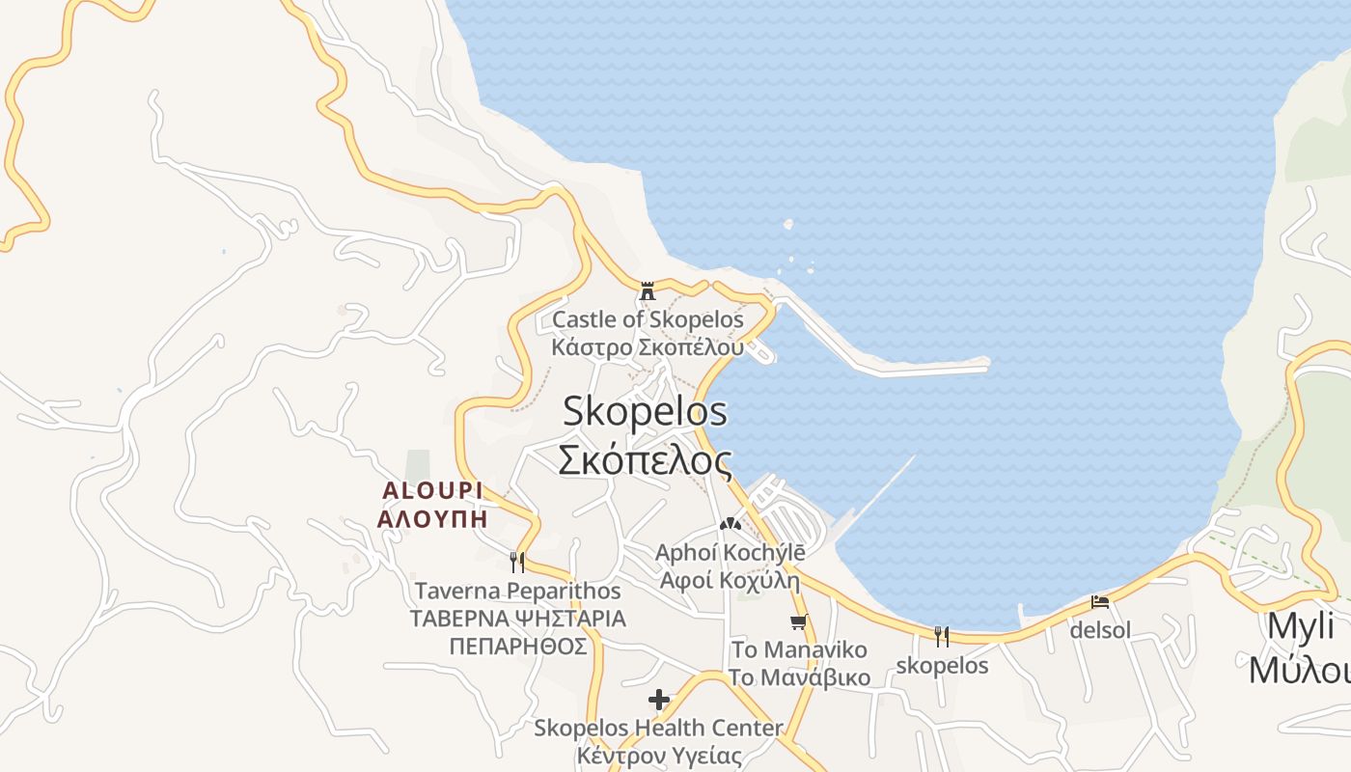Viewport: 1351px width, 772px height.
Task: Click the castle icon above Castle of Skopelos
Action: (648, 289)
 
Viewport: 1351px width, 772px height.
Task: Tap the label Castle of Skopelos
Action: (648, 319)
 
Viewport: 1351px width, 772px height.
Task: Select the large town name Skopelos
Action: (645, 412)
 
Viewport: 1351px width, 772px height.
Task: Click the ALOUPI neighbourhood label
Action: (431, 490)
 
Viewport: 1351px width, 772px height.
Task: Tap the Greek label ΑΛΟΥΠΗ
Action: (431, 518)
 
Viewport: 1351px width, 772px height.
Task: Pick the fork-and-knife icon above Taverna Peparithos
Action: (517, 562)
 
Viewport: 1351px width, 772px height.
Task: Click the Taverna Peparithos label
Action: (517, 590)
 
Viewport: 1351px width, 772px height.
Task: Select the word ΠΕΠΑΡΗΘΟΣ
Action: (517, 646)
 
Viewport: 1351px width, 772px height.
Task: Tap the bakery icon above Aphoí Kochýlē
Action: (730, 525)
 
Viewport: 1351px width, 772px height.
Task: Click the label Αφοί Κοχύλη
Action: (730, 580)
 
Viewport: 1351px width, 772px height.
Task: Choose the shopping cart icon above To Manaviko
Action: (798, 621)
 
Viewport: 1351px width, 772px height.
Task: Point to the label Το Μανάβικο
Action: (799, 676)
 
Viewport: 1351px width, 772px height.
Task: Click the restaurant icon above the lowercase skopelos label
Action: (942, 636)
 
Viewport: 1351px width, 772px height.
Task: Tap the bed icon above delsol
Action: (1100, 602)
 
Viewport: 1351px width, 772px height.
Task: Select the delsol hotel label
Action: (1100, 630)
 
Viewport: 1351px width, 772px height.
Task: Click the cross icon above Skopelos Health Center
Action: (659, 699)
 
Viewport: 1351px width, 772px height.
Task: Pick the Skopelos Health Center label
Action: (659, 727)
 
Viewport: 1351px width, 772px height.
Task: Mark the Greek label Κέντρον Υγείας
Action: (659, 756)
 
